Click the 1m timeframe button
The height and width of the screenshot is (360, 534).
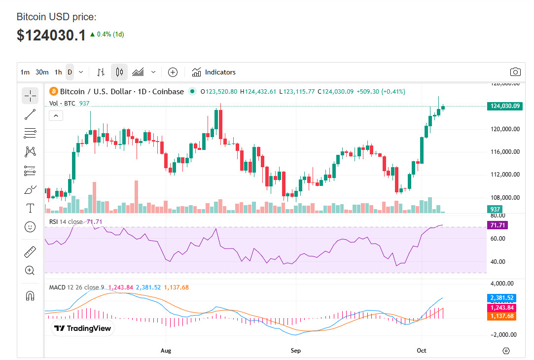coord(25,72)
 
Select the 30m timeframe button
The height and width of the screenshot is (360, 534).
coord(42,72)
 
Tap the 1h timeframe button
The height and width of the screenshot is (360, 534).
coord(58,72)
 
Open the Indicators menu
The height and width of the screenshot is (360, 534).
coord(214,72)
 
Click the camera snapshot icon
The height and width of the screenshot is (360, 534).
coord(515,72)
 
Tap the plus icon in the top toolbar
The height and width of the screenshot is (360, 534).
coord(173,72)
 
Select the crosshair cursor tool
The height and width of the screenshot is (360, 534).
coord(30,95)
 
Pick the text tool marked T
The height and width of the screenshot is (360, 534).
coord(30,208)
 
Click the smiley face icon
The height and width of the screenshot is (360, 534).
coord(30,227)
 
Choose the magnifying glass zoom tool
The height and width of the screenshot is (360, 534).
coord(30,270)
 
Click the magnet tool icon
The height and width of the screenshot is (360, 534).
coord(30,296)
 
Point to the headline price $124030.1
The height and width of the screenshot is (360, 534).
coord(51,35)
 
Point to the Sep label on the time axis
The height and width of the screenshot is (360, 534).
coord(295,351)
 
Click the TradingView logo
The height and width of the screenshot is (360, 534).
coord(83,328)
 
